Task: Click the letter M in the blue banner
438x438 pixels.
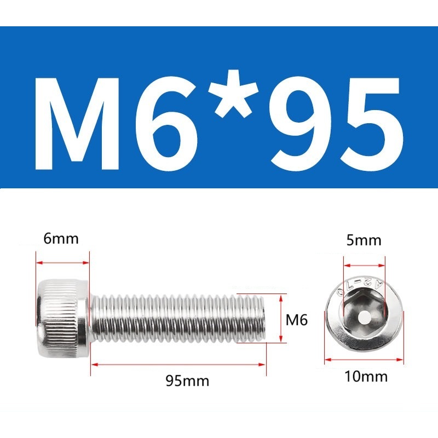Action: [77, 125]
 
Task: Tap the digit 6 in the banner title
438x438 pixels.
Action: [166, 125]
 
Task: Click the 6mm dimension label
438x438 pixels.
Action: [61, 239]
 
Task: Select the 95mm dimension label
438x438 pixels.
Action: [187, 381]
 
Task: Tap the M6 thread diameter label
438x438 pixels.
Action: [296, 320]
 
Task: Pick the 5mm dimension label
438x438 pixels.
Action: [364, 240]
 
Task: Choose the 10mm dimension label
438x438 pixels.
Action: [366, 376]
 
